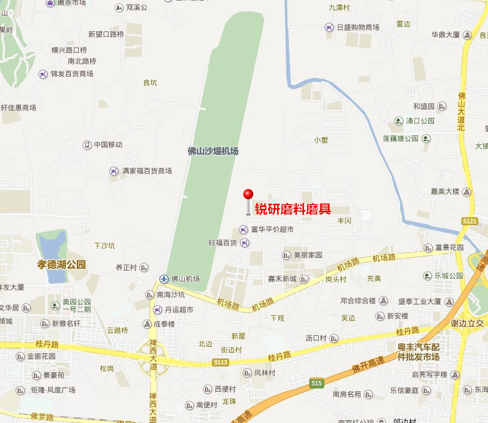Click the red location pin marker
tap(248, 195)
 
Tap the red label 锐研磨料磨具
tap(293, 209)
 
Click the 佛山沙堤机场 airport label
tap(213, 151)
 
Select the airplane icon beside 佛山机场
tap(164, 279)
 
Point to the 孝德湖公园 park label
tap(61, 265)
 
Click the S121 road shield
tap(470, 222)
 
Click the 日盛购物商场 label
tap(358, 27)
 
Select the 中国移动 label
tap(107, 144)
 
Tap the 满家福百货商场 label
tap(146, 171)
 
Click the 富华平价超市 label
tap(272, 229)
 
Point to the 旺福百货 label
tap(223, 243)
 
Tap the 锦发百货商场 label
tap(72, 74)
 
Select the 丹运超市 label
tap(178, 310)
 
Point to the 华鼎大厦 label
tap(445, 34)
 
